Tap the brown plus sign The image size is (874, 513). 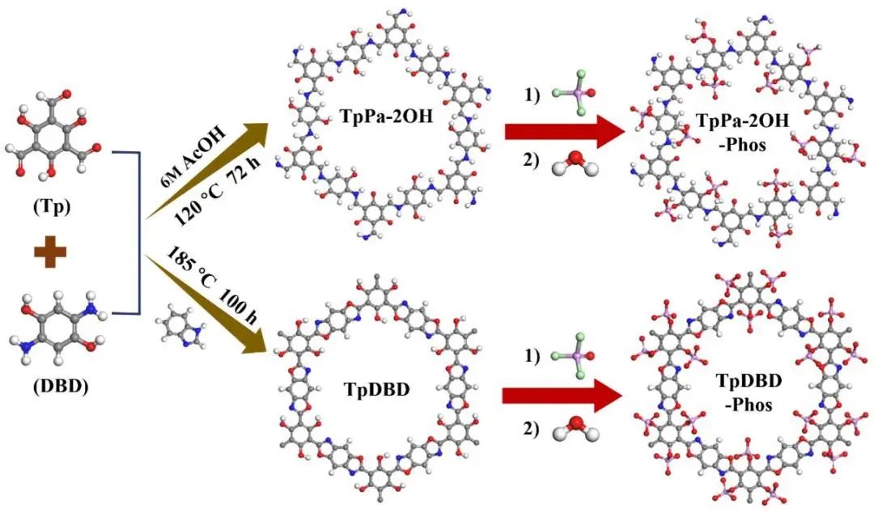pyautogui.click(x=55, y=253)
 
